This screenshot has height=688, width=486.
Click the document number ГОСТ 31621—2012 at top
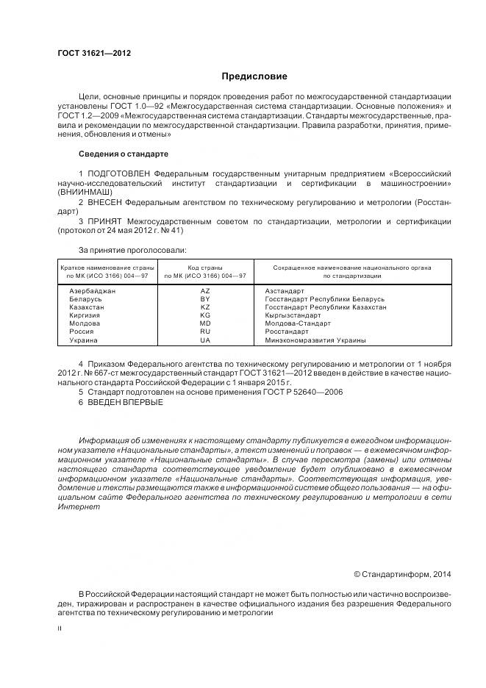(x=89, y=54)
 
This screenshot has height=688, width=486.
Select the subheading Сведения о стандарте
(x=123, y=154)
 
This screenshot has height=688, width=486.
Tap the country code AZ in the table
(x=205, y=291)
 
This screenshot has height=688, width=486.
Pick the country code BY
(x=205, y=299)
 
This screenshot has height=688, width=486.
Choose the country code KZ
(x=205, y=307)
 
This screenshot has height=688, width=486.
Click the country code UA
(x=205, y=340)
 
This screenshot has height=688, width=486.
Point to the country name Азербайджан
(x=92, y=291)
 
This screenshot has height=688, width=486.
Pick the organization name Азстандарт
(x=284, y=291)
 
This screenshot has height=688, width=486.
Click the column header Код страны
(x=205, y=268)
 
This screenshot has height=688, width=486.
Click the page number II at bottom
(x=60, y=629)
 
